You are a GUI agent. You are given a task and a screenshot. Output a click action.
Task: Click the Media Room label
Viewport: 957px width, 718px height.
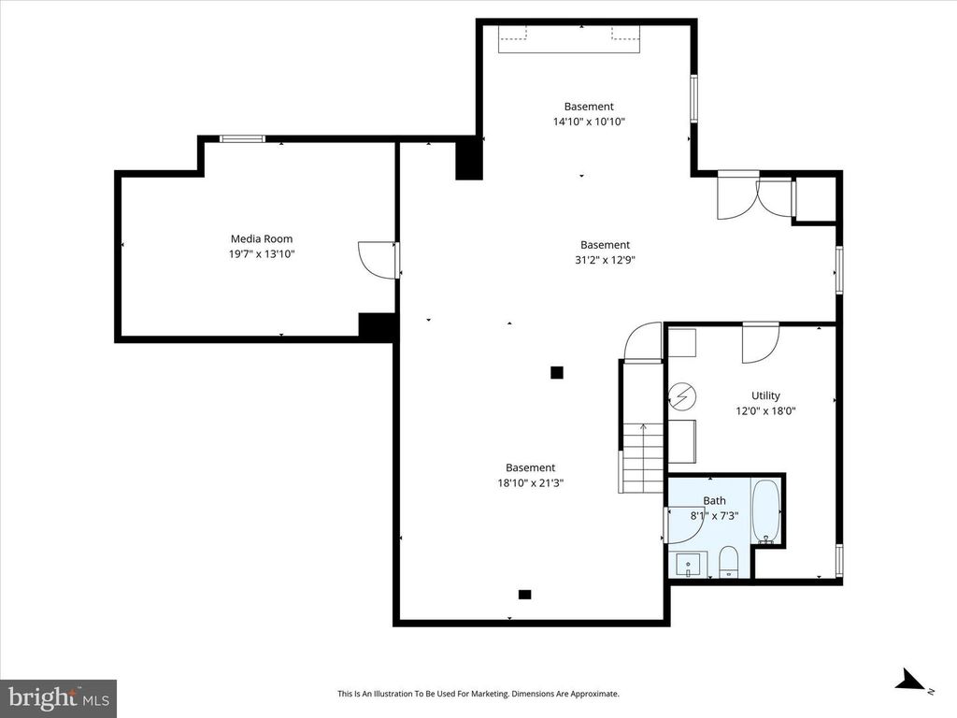click(255, 238)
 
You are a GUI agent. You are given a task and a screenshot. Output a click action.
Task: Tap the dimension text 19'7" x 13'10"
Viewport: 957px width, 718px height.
click(255, 253)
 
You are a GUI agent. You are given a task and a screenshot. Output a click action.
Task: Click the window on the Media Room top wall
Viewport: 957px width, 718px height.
click(242, 139)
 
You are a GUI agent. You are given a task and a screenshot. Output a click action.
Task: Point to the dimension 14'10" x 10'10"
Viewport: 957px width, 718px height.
click(589, 122)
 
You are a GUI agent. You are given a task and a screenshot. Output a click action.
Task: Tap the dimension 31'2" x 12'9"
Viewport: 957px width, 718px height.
click(605, 260)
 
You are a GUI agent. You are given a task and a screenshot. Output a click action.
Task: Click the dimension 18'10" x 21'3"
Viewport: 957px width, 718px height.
click(530, 482)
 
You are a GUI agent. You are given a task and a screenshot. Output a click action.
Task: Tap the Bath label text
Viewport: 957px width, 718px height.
click(714, 501)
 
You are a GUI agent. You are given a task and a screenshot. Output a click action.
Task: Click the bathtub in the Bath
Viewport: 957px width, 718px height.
click(765, 512)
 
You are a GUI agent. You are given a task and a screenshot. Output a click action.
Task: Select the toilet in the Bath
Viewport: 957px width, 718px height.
click(728, 563)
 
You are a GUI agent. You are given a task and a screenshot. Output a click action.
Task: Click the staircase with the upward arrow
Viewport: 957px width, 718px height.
click(642, 458)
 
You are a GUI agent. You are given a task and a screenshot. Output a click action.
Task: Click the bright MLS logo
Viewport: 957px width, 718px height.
click(58, 697)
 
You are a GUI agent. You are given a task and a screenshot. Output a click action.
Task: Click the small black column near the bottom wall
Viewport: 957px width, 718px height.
click(524, 594)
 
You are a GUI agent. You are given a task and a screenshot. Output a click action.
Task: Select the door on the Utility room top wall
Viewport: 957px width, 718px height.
click(760, 342)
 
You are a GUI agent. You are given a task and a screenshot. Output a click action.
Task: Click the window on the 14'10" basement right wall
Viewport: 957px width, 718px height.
click(693, 98)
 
